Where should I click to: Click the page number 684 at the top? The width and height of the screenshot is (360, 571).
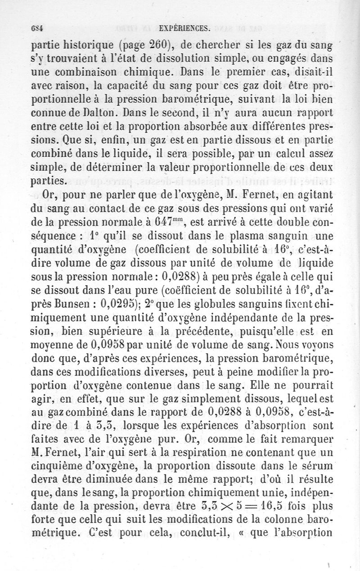(x=36, y=28)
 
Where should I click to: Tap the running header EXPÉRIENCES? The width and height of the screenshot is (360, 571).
(x=185, y=28)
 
